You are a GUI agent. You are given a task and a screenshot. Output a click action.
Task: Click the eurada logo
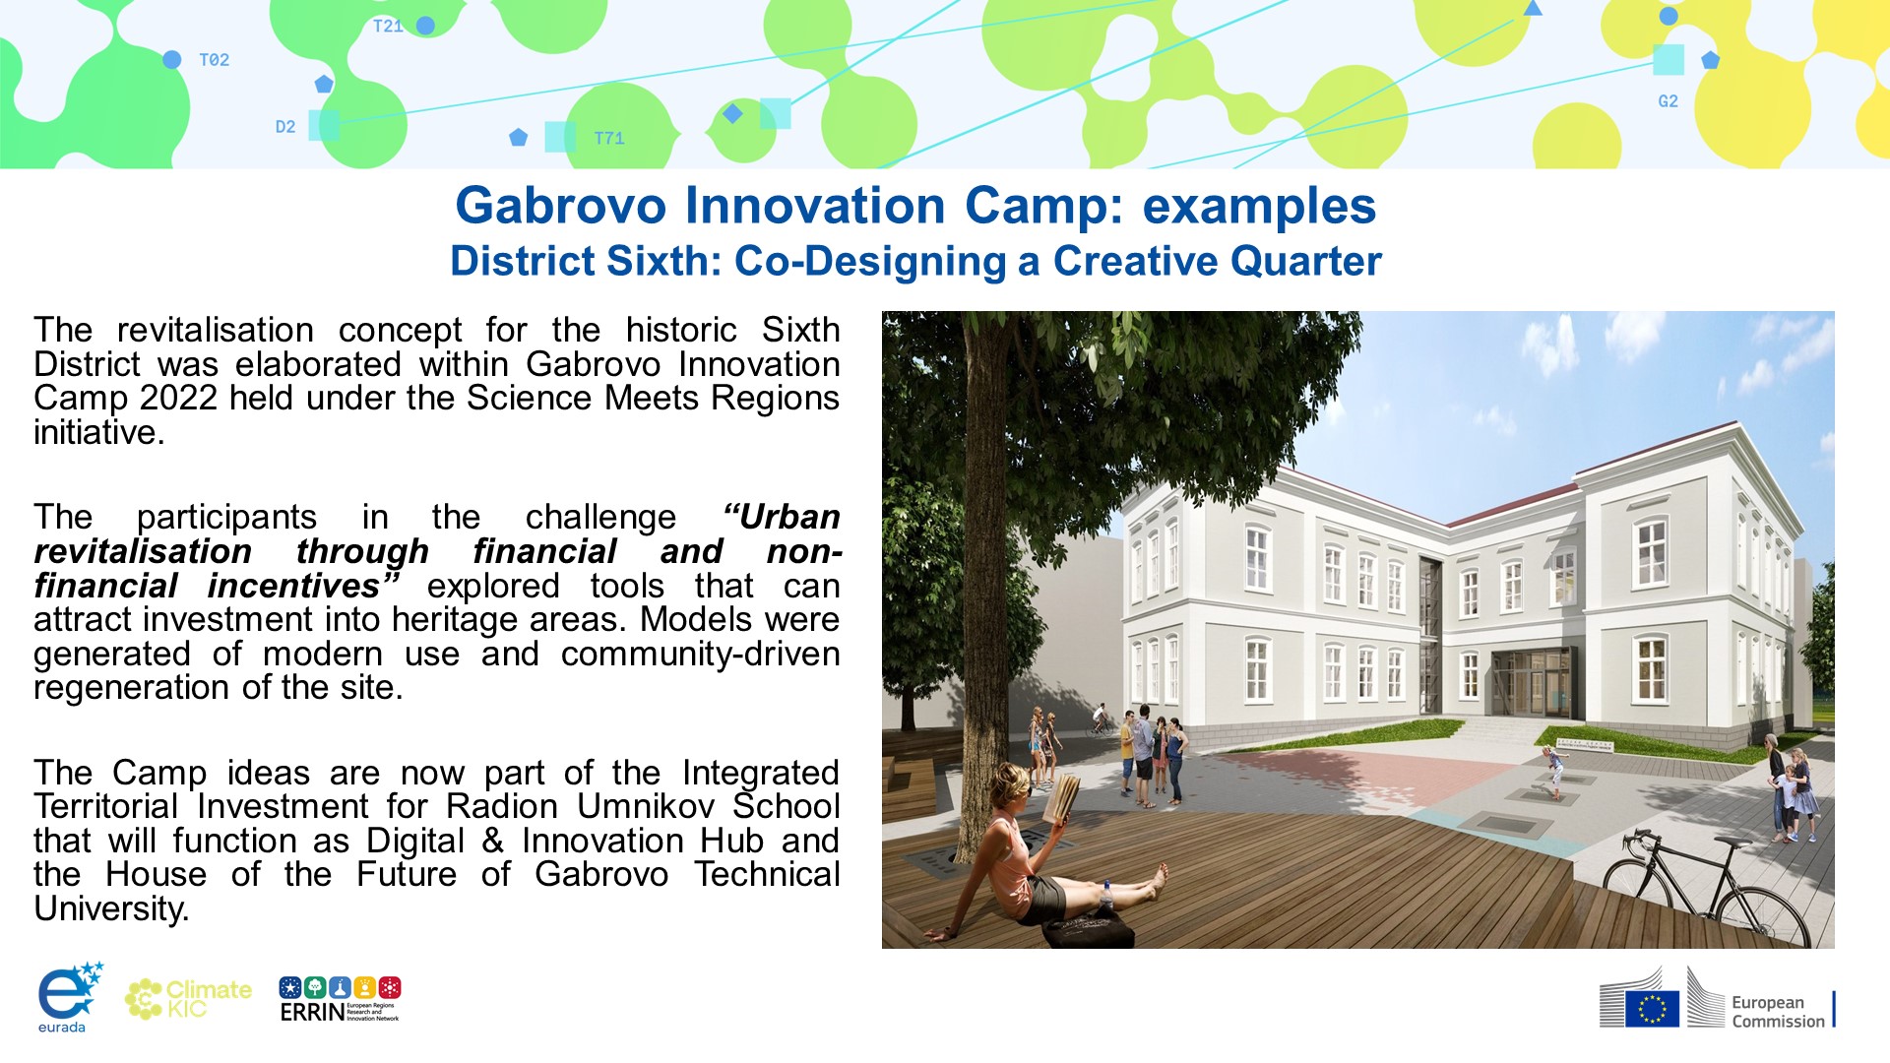pyautogui.click(x=69, y=997)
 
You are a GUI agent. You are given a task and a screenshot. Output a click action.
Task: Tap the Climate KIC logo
pyautogui.click(x=188, y=998)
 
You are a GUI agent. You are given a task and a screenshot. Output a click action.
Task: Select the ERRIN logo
pyautogui.click(x=340, y=999)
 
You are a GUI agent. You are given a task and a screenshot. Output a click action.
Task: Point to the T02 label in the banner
pyautogui.click(x=214, y=60)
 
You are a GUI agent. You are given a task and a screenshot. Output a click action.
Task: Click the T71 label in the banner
pyautogui.click(x=609, y=139)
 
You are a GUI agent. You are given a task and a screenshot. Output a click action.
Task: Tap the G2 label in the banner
pyautogui.click(x=1668, y=101)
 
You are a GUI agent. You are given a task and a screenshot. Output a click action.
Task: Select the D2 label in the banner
pyautogui.click(x=285, y=127)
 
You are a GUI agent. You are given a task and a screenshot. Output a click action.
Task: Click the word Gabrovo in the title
pyautogui.click(x=561, y=206)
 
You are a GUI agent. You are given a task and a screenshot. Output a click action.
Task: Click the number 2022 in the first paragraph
pyautogui.click(x=179, y=399)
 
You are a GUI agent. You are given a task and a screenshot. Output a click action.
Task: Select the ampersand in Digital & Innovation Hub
pyautogui.click(x=493, y=841)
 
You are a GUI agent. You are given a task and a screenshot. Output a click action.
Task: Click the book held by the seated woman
pyautogui.click(x=1062, y=798)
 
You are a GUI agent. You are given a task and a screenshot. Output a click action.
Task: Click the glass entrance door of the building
pyautogui.click(x=1531, y=683)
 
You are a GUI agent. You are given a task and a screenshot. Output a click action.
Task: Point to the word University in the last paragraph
pyautogui.click(x=111, y=908)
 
